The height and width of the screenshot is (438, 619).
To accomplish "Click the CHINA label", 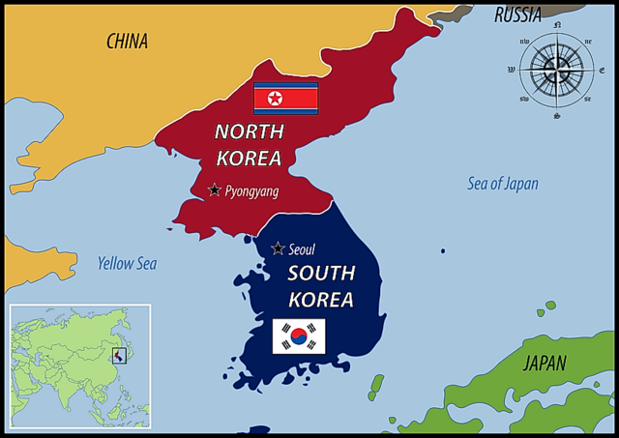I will coord(127,41).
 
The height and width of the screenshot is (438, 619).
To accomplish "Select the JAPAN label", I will coord(545,365).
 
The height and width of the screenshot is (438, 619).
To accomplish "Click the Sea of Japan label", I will coord(503,184).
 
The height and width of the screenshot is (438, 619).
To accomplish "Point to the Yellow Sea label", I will coord(127,263).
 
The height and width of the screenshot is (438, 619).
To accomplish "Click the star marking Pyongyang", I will coord(214,190).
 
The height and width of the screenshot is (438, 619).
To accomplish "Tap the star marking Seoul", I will coord(278,248).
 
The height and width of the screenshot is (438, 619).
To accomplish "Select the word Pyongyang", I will coord(251,191).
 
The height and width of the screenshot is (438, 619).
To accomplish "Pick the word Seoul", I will coord(302,249).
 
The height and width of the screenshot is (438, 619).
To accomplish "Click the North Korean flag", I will coord(285,99).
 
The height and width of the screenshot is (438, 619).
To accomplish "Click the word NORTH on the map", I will coord(249,132).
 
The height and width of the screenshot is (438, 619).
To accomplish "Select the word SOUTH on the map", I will coord(321,274).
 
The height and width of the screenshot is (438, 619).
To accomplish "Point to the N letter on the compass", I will coord(556,26).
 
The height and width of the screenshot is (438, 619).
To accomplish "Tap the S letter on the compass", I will coord(556,115).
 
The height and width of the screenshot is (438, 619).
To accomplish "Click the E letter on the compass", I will coord(601,71).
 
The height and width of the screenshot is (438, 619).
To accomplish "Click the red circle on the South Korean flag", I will coord(299,336).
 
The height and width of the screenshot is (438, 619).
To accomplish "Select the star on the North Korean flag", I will coord(274,99).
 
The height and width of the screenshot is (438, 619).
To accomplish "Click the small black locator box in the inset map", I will coord(119,357).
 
